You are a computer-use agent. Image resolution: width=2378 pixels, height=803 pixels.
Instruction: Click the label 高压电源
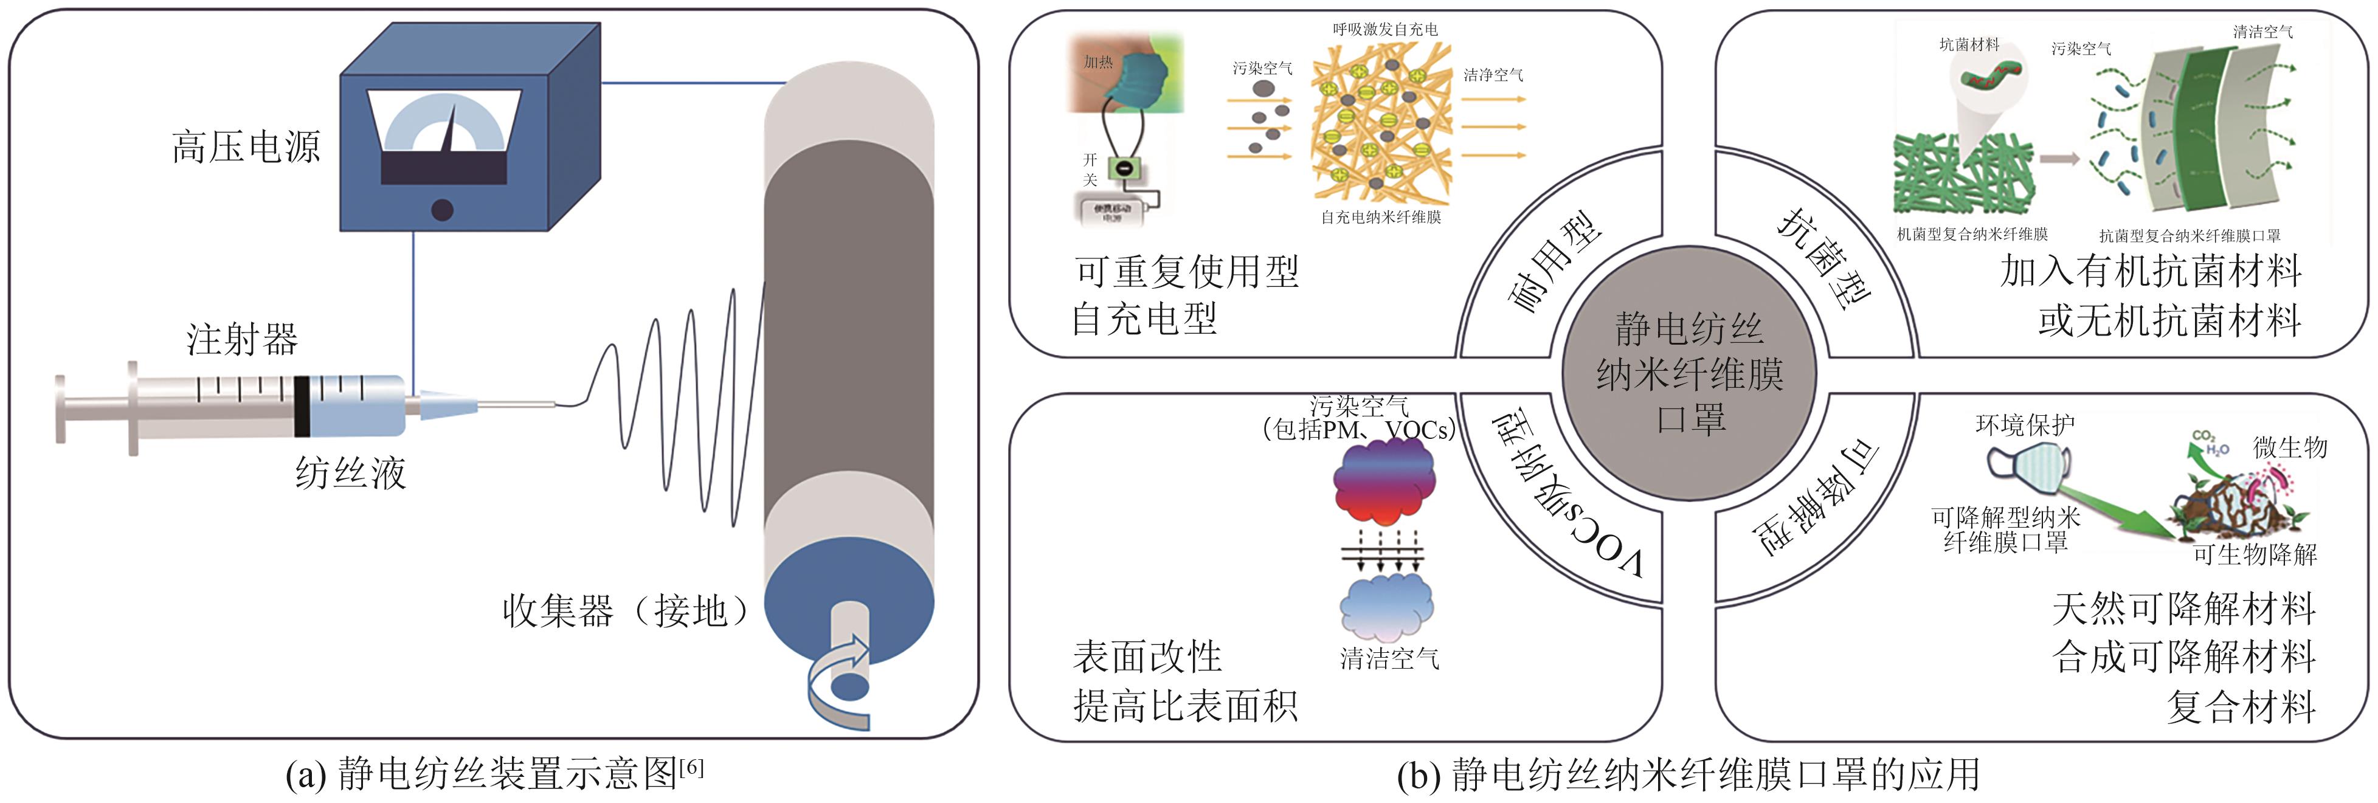click(x=246, y=146)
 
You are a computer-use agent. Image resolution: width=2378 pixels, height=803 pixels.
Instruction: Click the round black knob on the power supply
click(x=442, y=210)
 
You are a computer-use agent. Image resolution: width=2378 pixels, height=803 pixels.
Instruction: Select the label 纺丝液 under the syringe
click(x=351, y=472)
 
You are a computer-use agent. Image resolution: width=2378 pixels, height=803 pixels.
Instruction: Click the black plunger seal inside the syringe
click(x=301, y=406)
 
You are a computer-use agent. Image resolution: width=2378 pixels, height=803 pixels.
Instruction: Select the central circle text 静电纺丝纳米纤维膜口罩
click(x=1688, y=374)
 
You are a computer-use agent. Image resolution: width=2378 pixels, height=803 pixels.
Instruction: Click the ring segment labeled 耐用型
click(x=1555, y=263)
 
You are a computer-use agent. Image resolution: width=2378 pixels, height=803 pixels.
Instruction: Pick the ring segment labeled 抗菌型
click(x=1823, y=258)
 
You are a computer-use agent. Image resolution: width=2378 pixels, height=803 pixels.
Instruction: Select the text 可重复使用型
click(x=1187, y=271)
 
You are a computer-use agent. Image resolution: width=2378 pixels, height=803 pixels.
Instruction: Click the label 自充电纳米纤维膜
click(x=1380, y=217)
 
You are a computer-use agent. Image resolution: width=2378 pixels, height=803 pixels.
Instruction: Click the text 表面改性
click(x=1147, y=657)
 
